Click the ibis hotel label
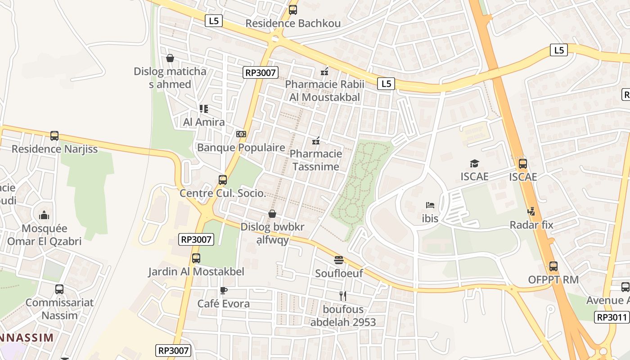coord(430,218)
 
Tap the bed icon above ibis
coord(430,205)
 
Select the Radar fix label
coord(531,225)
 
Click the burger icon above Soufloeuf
coord(339,260)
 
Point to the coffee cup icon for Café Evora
coord(224,291)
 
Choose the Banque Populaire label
coord(241,148)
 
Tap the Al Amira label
coord(204,122)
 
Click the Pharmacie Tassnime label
coord(316,160)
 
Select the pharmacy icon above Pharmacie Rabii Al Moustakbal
coord(324,71)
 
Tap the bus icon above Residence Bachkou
coord(293,9)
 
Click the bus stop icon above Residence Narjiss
coord(54,135)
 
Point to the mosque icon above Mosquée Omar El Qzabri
coord(44,215)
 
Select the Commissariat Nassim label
coord(59,309)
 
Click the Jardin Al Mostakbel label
coord(196,272)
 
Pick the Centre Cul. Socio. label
coord(223,193)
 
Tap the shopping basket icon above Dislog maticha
coord(170,58)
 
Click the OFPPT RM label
coord(553,279)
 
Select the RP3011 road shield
coord(612,317)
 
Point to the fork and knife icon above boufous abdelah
coord(343,296)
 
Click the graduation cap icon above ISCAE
coord(474,163)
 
